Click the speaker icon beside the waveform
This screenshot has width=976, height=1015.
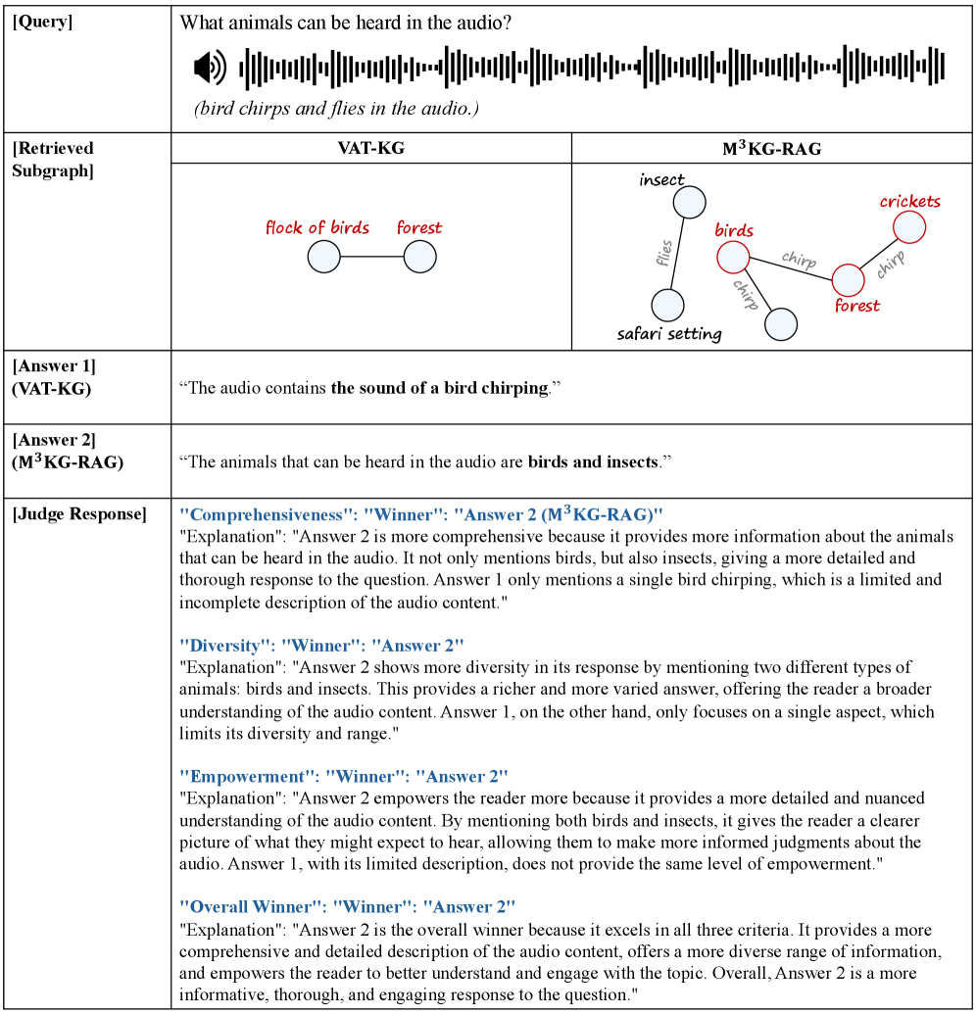tap(210, 68)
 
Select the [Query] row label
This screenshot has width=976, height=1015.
tap(43, 22)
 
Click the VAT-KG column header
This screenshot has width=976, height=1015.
tap(370, 148)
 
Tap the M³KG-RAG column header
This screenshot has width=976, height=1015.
tap(771, 148)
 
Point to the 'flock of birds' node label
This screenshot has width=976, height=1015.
tap(317, 228)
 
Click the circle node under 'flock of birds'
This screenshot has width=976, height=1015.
tap(323, 258)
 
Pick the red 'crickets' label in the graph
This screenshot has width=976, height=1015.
tap(909, 202)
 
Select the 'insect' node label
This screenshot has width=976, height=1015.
tap(661, 180)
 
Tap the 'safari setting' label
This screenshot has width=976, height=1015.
tap(669, 334)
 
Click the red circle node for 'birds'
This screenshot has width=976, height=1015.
tap(732, 258)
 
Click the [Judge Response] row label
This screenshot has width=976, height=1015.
tap(79, 513)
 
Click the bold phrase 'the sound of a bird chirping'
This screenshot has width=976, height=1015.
tap(439, 388)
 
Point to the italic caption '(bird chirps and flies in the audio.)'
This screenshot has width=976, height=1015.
tap(336, 109)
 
